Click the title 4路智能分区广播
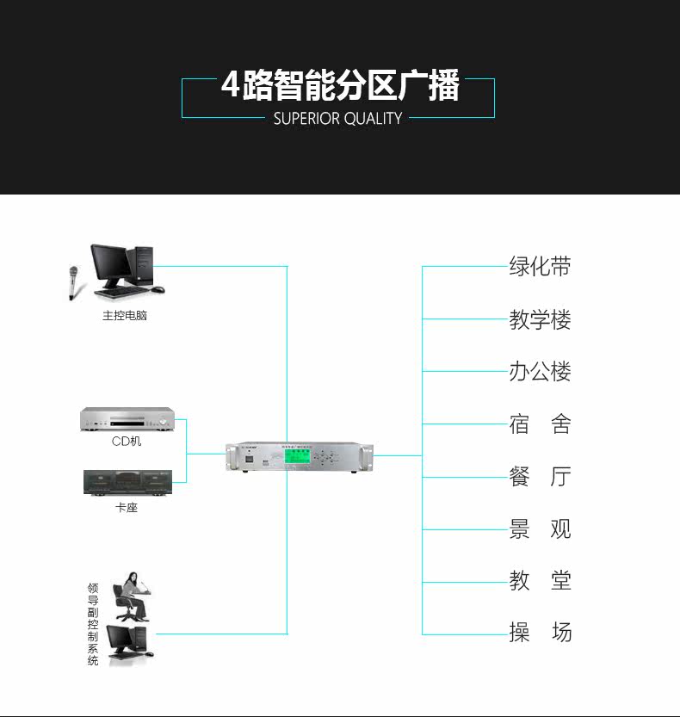[x=340, y=87]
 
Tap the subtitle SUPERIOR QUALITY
[x=337, y=119]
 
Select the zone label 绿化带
[x=540, y=266]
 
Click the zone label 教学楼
[x=540, y=320]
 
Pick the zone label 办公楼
[x=540, y=372]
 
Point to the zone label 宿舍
[x=540, y=424]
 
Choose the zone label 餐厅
[x=540, y=477]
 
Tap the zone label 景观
[x=540, y=529]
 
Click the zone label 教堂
[x=540, y=581]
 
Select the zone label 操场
[x=540, y=634]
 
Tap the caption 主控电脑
[x=125, y=316]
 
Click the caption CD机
[x=127, y=442]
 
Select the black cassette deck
[x=127, y=481]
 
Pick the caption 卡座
[x=127, y=508]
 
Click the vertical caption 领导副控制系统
[x=93, y=624]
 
